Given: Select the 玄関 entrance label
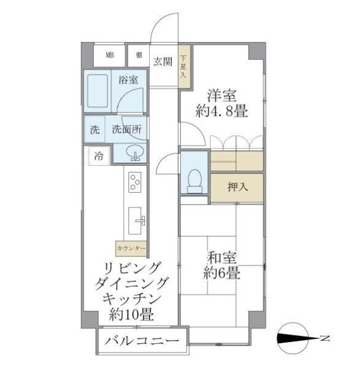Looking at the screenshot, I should (x=162, y=61).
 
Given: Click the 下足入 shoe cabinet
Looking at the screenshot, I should (x=183, y=64).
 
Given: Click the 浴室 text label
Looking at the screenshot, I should (x=128, y=80).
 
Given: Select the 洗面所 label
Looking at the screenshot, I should (x=127, y=130).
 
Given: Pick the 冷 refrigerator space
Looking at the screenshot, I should (x=98, y=156).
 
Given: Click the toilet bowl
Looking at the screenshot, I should (x=194, y=178).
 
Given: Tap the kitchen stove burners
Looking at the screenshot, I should (x=134, y=182).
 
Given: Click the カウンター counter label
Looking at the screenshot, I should (x=131, y=248).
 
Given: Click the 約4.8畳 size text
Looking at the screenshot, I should (x=221, y=112).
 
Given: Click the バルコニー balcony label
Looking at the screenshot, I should (x=141, y=342).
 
